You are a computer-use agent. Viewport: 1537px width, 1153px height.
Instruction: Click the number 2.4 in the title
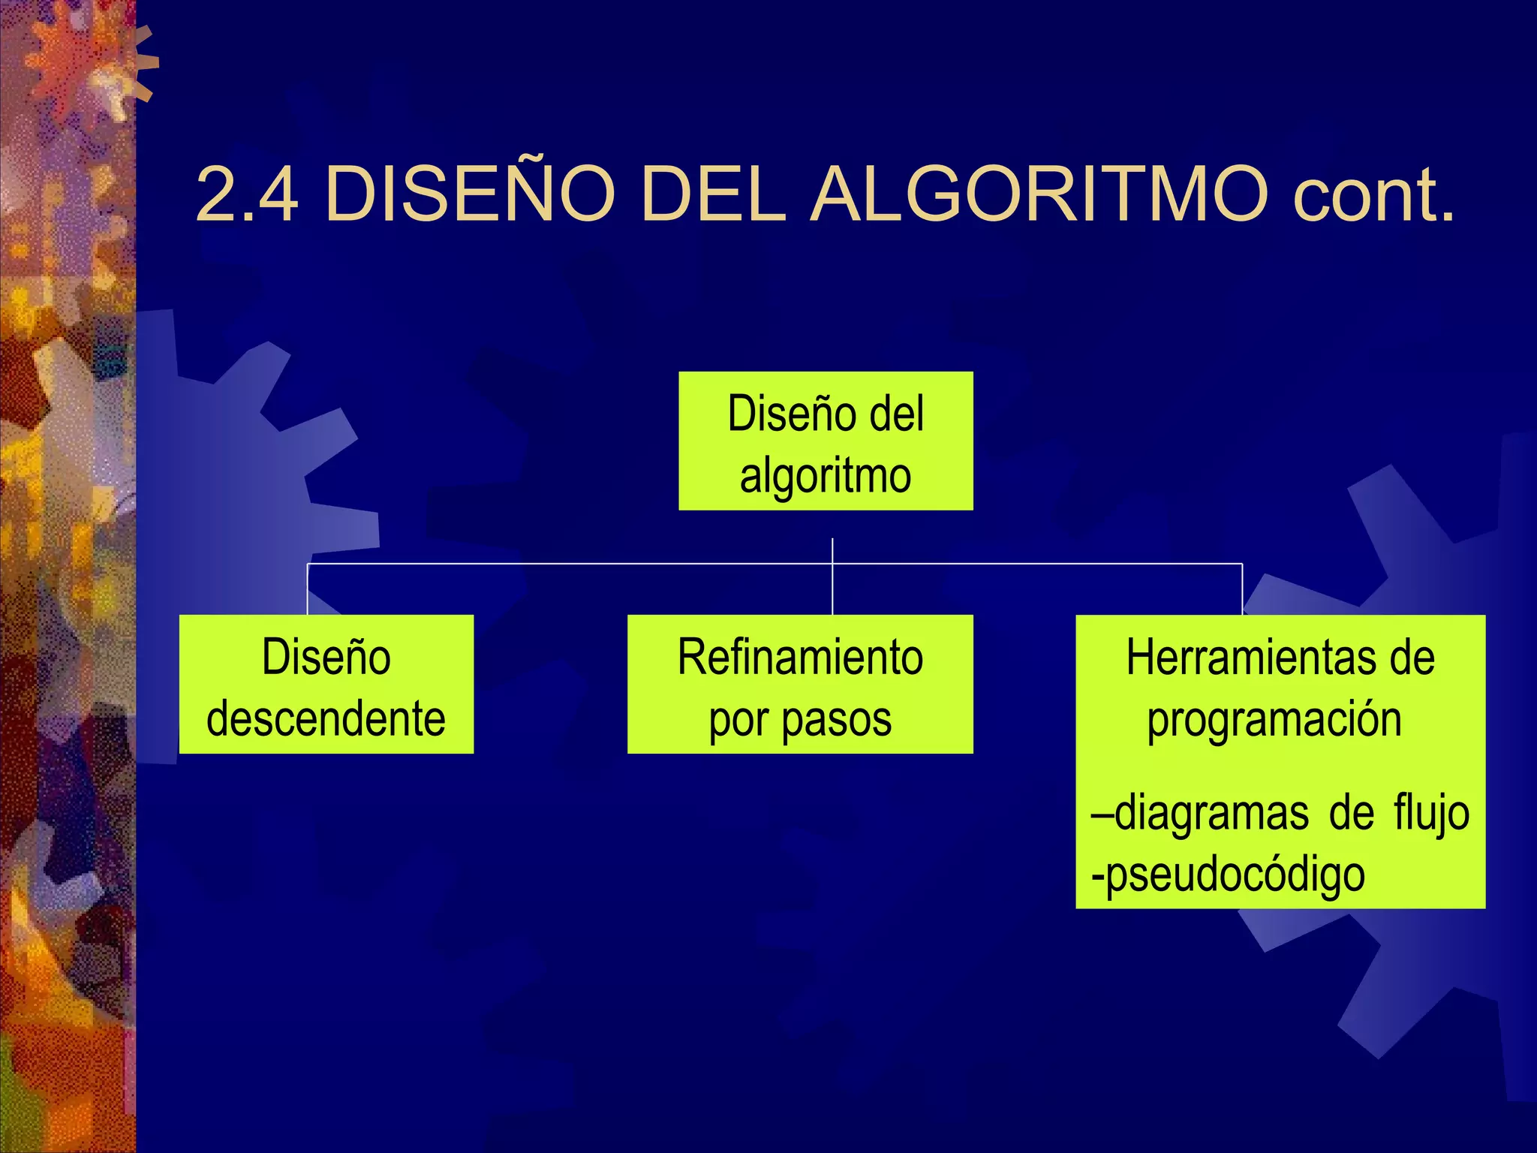[x=246, y=194]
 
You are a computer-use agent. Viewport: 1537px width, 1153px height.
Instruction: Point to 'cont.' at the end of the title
[x=1373, y=194]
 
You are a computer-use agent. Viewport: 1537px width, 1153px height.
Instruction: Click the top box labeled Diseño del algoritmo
[x=826, y=441]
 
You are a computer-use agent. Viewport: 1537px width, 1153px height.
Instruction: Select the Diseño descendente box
[x=326, y=684]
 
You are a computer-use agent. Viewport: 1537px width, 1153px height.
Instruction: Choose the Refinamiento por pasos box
[x=800, y=684]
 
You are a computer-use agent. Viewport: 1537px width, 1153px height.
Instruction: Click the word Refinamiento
[x=800, y=658]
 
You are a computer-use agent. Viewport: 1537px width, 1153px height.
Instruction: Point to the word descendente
[x=326, y=719]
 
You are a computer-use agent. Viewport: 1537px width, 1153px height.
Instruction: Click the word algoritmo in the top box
[x=826, y=476]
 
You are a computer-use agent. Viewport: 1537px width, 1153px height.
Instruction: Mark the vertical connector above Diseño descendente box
[x=308, y=589]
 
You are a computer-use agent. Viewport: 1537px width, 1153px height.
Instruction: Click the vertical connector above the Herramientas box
[x=1242, y=589]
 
